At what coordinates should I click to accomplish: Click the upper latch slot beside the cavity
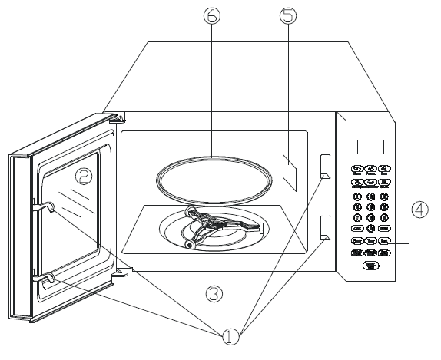point(324,165)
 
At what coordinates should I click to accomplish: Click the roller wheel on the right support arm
point(262,227)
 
